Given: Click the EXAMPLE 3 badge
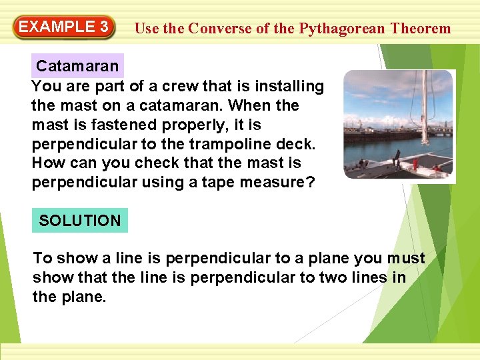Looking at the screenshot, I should [x=64, y=27].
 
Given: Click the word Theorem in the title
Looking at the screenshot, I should [x=421, y=29].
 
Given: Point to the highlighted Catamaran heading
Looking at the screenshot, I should [x=77, y=66].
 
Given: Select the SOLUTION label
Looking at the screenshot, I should [x=80, y=221].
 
